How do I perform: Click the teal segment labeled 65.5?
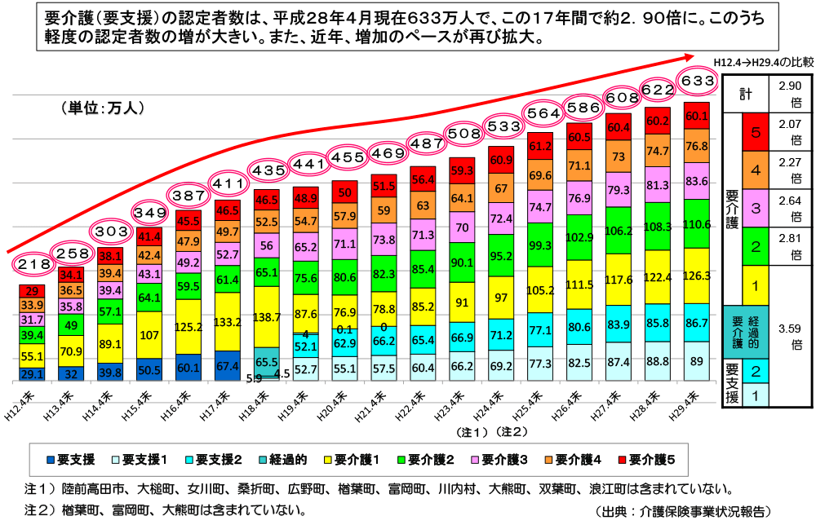[x=267, y=361]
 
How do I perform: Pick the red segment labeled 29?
[x=33, y=291]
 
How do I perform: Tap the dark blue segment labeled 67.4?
[x=228, y=365]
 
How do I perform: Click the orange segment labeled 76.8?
[x=696, y=147]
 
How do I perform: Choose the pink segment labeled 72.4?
[x=501, y=218]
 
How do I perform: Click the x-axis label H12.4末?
[x=21, y=405]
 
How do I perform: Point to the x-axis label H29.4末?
[x=685, y=405]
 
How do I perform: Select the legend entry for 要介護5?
[x=646, y=460]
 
